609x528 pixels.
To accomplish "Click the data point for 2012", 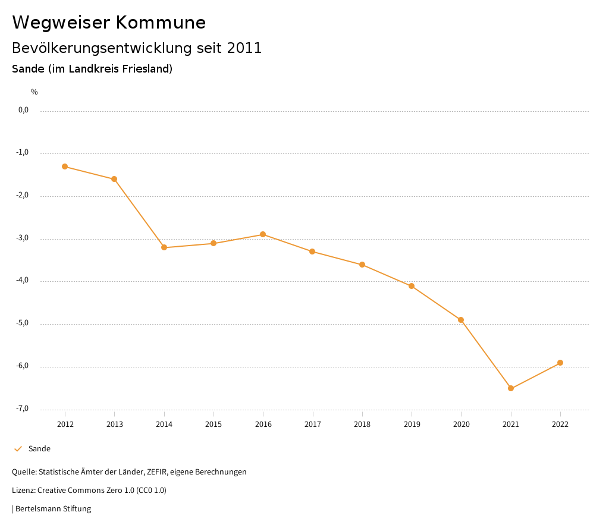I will pos(65,166).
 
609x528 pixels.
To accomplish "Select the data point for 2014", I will pos(164,247).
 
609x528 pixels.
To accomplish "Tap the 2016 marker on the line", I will pos(263,234).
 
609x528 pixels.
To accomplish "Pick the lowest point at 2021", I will pos(511,388).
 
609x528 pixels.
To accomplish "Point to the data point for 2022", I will pos(560,363).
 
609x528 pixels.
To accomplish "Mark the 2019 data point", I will pos(412,286).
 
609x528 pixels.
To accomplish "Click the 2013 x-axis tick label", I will pos(115,424).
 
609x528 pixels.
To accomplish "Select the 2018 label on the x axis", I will pos(362,424).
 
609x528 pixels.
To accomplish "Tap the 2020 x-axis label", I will pos(462,424).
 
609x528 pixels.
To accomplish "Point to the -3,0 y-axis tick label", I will pos(23,238).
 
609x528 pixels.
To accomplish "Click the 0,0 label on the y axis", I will pos(24,110).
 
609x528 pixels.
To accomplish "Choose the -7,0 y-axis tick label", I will pos(23,408).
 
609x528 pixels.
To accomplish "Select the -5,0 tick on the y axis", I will pos(23,323).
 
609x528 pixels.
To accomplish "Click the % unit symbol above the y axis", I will pos(34,92).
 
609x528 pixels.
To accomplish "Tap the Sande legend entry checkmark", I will pos(18,449).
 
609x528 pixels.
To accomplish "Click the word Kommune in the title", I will pos(161,23).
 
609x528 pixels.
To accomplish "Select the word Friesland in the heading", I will pos(147,69).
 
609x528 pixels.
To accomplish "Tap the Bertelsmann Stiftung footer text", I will pos(53,509).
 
